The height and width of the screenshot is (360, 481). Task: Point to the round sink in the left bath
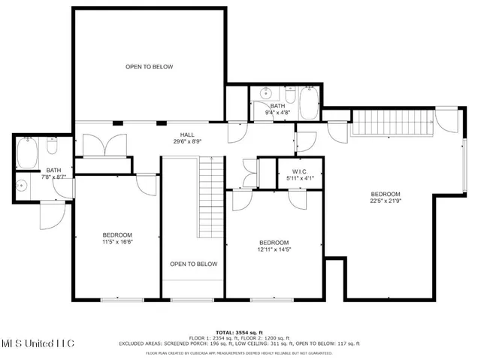pyautogui.click(x=23, y=185)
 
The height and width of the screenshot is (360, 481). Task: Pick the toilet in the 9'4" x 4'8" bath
pyautogui.click(x=290, y=94)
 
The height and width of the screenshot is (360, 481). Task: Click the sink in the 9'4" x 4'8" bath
pyautogui.click(x=265, y=94)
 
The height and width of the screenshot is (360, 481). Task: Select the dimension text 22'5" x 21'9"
pyautogui.click(x=385, y=201)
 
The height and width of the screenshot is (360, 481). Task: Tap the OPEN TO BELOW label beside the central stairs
pyautogui.click(x=193, y=264)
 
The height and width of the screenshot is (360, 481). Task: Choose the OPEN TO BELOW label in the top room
pyautogui.click(x=149, y=67)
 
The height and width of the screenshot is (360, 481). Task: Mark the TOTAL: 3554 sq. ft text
pyautogui.click(x=238, y=331)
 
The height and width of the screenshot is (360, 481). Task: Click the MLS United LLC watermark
pyautogui.click(x=38, y=343)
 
